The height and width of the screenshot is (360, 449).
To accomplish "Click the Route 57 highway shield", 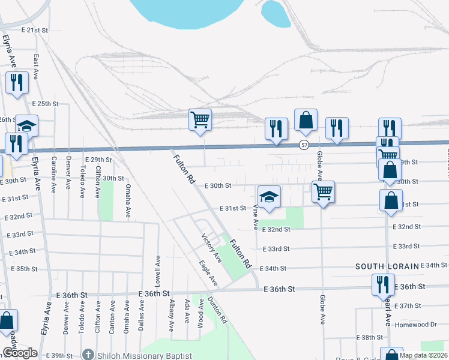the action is (x=304, y=145).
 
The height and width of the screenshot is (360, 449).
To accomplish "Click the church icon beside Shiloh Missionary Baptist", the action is (x=89, y=355).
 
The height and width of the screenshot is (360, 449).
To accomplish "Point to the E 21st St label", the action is (x=34, y=29).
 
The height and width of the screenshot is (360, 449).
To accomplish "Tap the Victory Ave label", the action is (x=211, y=248).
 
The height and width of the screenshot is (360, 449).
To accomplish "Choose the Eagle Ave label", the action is (x=208, y=272).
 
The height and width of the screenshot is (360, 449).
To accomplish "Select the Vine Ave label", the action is (x=256, y=217).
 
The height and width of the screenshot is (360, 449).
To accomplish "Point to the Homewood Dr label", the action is (x=417, y=324).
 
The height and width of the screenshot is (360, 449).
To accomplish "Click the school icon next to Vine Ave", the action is (x=269, y=196).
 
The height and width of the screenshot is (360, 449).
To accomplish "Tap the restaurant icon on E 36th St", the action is (x=383, y=284).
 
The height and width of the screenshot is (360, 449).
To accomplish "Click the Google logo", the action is (x=20, y=353).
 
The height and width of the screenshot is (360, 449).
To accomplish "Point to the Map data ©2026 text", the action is (x=423, y=355).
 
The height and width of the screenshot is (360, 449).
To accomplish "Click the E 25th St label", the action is (x=46, y=104).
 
